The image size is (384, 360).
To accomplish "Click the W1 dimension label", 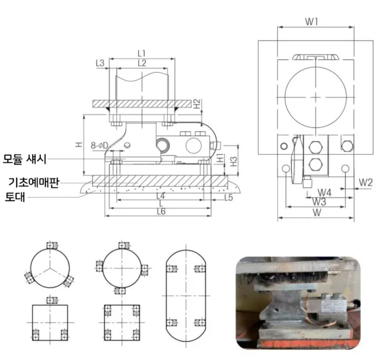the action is pos(311,22).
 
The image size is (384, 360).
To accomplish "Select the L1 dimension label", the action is pos(142,53).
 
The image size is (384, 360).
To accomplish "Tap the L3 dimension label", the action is pos(100,63).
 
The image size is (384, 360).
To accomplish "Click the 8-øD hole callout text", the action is pos(99,145).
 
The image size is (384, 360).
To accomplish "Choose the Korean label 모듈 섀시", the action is pos(24,159).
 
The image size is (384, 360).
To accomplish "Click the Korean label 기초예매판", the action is pos(34,182).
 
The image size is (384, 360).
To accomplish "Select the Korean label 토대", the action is pos(15,197).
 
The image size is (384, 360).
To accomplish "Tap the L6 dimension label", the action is pos(161,212).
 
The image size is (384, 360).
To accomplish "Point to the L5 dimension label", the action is pos(228,197).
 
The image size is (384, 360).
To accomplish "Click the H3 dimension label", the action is pos(234,162).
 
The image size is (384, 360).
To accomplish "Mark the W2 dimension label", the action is pos(365,183).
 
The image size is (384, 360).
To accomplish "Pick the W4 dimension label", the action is pos(324,192).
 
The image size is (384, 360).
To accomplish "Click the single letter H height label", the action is pos(79,145).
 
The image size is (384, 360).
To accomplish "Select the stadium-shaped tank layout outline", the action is pos(186,295).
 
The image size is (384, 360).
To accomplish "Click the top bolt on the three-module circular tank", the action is pos(52,245).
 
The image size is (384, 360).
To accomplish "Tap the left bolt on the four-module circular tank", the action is pos(99,266).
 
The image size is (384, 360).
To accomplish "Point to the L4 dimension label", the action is pos(161,196).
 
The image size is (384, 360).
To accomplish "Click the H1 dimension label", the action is pos(220,158).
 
